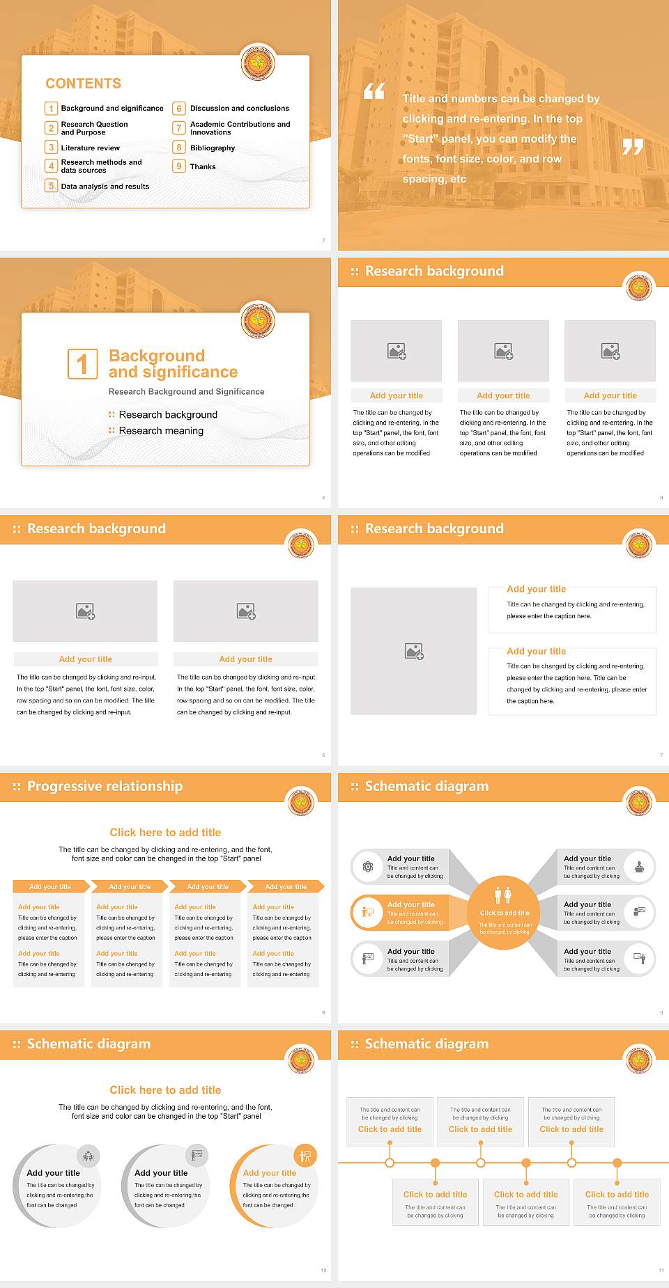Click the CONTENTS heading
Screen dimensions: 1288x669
(x=83, y=84)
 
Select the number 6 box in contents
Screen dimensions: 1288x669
(x=179, y=109)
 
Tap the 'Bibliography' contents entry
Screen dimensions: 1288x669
(x=212, y=148)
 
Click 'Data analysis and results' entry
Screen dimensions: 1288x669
(x=105, y=187)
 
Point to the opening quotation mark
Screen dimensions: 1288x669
(x=374, y=91)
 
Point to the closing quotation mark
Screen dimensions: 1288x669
(x=633, y=147)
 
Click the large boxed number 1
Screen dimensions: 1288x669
(x=82, y=364)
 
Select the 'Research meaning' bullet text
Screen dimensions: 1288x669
(x=161, y=431)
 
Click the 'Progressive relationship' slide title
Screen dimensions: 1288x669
(x=105, y=787)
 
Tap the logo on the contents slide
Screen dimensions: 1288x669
(x=258, y=64)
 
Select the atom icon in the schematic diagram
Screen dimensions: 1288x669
(x=368, y=867)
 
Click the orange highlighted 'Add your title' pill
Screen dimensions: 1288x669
(x=410, y=904)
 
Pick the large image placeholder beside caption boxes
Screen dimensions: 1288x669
(x=413, y=651)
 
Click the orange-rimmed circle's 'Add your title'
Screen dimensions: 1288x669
(x=269, y=1173)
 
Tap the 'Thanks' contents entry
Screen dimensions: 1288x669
(x=203, y=167)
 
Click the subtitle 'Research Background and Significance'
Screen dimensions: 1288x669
(x=186, y=392)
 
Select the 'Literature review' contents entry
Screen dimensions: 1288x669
(x=90, y=148)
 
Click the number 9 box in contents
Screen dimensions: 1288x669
(x=179, y=166)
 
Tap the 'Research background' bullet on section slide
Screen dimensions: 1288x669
(x=168, y=415)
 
